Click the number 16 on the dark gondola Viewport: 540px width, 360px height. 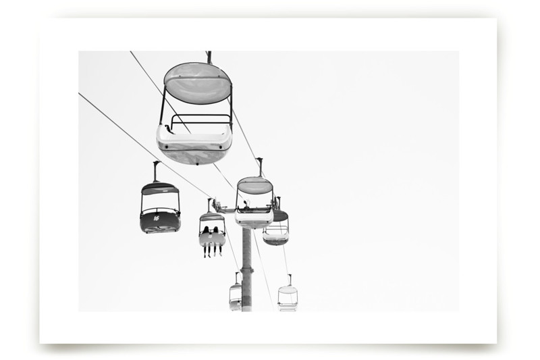tap(157, 218)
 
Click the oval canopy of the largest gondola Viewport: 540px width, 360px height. tap(198, 83)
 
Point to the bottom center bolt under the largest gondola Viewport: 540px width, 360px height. tap(197, 164)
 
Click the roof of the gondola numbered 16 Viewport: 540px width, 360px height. tap(160, 188)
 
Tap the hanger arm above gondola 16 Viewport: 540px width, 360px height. tap(156, 171)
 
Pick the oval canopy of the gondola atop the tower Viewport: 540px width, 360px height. tap(255, 185)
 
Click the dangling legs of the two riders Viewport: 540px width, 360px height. tap(213, 251)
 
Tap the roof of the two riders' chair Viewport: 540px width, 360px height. tap(212, 217)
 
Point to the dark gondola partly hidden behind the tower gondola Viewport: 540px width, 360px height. tap(277, 228)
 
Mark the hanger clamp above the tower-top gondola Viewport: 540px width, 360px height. tap(259, 167)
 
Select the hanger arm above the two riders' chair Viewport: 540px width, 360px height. tap(209, 205)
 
